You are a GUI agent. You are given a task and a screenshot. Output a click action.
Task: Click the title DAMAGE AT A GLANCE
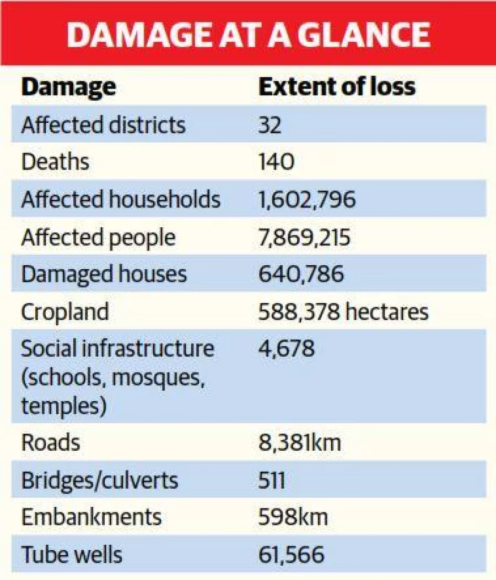coord(248,35)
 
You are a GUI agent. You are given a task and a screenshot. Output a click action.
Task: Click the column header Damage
coord(69,87)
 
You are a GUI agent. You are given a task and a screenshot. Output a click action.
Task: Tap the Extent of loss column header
coord(337,86)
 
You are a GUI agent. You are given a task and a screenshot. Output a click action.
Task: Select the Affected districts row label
coord(103,125)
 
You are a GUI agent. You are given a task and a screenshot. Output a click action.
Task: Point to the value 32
coord(269,125)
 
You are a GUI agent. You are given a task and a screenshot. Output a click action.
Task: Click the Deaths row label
coord(55,162)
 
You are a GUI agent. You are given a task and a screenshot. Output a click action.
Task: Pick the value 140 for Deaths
coord(276,162)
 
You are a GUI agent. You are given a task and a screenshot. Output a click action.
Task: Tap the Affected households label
coord(121,199)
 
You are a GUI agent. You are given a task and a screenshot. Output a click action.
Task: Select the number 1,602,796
coord(307,200)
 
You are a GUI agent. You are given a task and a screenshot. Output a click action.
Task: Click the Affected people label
coord(98,238)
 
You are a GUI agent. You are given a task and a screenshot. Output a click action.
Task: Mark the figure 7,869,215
coord(304,238)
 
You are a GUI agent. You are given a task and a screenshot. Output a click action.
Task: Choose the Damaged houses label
coord(104,275)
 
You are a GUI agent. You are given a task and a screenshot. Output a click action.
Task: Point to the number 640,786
coord(301,274)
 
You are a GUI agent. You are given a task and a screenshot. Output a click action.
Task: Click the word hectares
coord(387,311)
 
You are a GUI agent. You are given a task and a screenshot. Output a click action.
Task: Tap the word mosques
coord(158,378)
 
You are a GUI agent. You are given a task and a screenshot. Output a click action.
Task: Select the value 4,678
coord(287,348)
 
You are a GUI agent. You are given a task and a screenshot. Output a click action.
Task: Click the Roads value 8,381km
coord(299,443)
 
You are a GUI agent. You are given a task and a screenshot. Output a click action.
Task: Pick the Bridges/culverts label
coord(100,480)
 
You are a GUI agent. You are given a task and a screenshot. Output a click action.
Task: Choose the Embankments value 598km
coord(293,517)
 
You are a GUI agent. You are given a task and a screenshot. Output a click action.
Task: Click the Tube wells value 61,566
coord(291,555)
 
